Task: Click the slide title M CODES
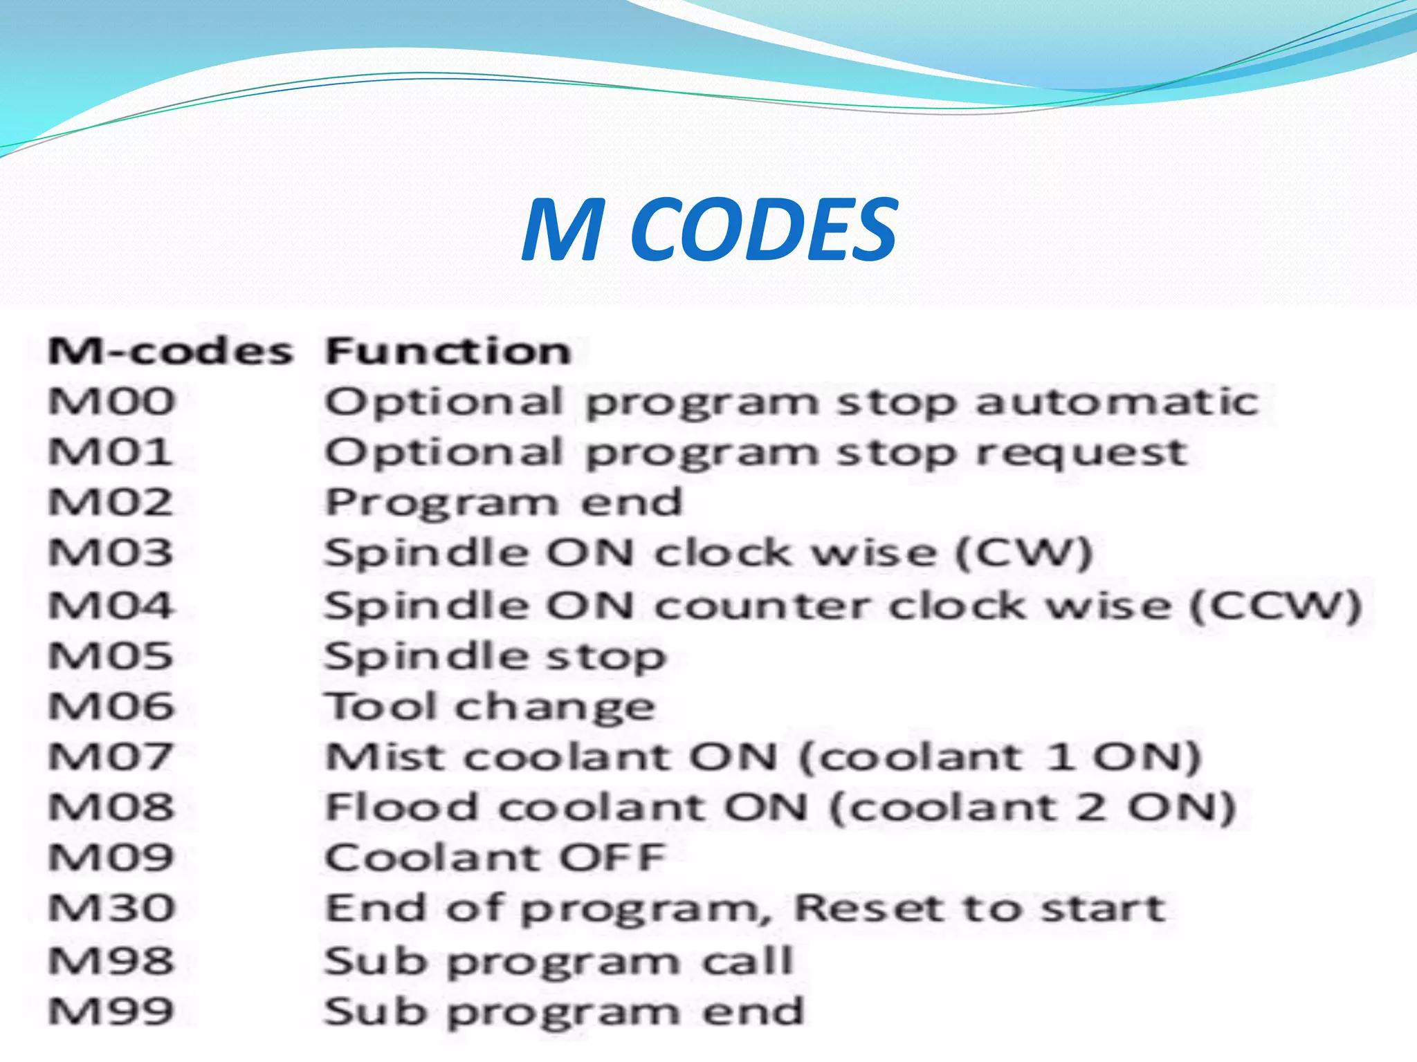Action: [x=709, y=230]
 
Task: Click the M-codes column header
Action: [x=170, y=351]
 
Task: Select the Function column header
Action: [x=448, y=351]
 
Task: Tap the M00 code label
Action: [x=111, y=402]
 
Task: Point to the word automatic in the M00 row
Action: [x=1117, y=402]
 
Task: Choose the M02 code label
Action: [x=111, y=503]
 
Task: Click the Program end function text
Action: [x=504, y=503]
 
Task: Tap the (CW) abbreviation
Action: [x=1023, y=554]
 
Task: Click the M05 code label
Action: [x=111, y=655]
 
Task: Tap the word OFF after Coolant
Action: [x=612, y=858]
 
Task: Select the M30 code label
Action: [x=111, y=909]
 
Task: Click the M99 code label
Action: [x=111, y=1012]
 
